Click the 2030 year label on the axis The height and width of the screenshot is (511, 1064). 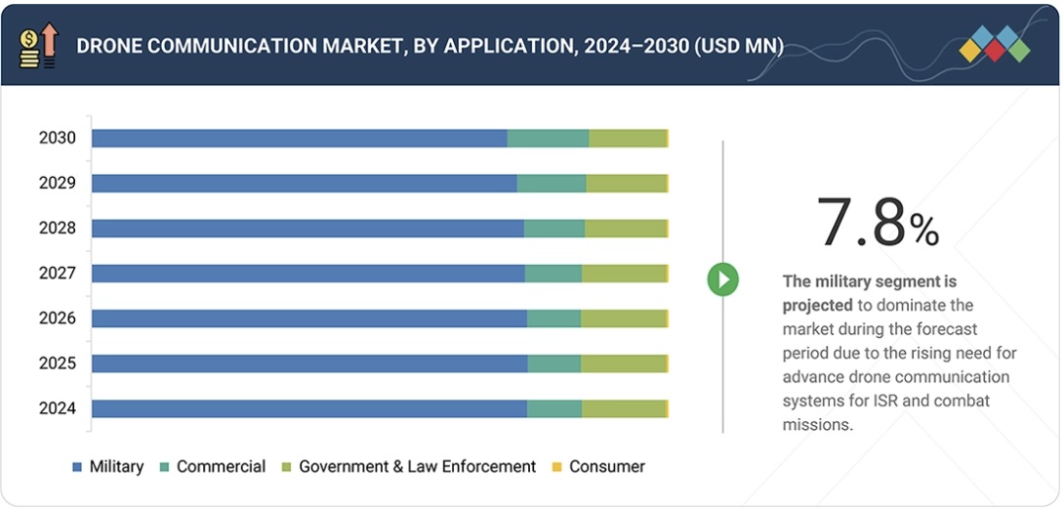58,138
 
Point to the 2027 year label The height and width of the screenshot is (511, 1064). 58,274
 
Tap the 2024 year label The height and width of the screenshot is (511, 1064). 58,408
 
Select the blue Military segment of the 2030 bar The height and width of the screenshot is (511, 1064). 299,138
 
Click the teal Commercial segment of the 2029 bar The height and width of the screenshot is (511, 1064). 551,183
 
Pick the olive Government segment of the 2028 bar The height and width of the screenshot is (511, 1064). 625,229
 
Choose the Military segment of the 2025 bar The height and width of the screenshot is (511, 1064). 309,363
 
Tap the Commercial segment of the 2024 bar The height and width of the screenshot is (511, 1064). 553,408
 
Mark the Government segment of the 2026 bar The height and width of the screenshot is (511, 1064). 623,319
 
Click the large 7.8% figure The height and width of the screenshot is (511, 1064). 877,223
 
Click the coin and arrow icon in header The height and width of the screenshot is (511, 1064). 38,45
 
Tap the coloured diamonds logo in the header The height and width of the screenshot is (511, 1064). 994,45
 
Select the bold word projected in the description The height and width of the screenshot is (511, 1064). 817,304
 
